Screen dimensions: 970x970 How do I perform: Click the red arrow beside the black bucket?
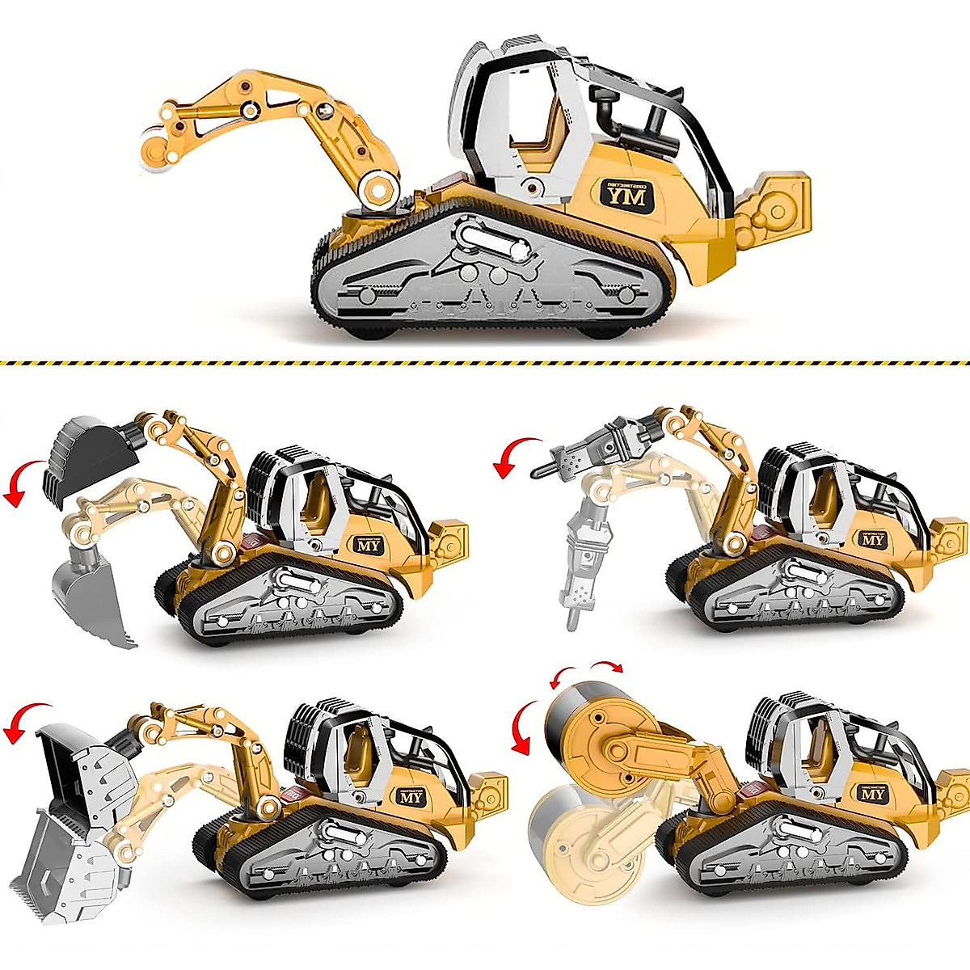[22, 483]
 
